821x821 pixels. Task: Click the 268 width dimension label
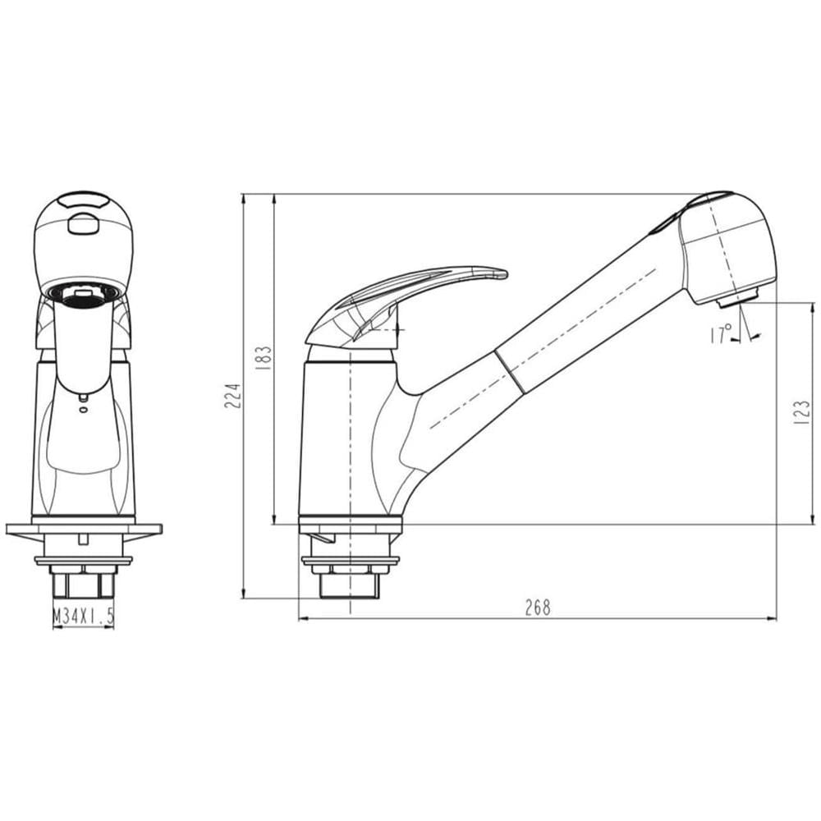(x=538, y=608)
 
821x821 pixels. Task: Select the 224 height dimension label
(x=232, y=396)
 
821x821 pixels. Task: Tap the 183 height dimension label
(x=264, y=358)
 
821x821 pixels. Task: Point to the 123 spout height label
(x=801, y=412)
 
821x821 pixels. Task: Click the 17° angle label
(x=722, y=335)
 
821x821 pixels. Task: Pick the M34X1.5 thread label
(x=83, y=617)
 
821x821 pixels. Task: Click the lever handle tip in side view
(x=504, y=273)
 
